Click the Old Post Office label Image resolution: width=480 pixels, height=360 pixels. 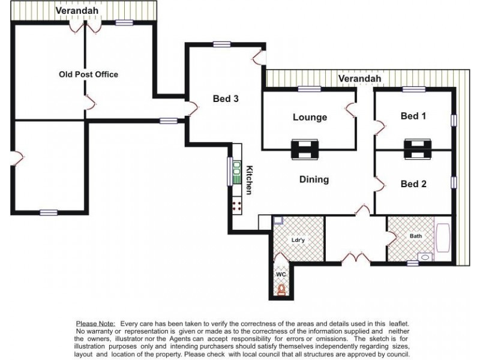pos(88,74)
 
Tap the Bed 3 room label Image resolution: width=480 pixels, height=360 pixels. pos(226,99)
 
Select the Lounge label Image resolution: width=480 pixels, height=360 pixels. pos(310,117)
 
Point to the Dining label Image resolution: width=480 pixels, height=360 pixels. pos(314,179)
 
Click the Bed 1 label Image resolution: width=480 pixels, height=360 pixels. pos(413,116)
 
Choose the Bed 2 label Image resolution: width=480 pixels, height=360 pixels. pos(413,184)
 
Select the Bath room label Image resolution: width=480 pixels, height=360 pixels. pos(416,236)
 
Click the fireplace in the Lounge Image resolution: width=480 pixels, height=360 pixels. pos(305,148)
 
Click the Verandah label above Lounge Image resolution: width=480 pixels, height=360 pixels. pos(359,79)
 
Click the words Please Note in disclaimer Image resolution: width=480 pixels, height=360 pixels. pos(96,323)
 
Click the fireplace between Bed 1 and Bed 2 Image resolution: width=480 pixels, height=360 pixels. pos(416,148)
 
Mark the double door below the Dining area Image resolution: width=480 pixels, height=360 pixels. pos(356,259)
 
